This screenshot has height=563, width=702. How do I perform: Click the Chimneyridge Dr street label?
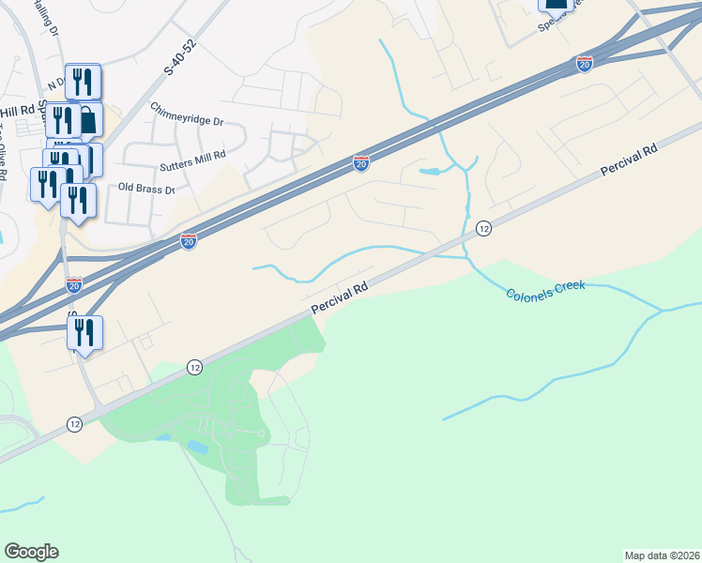pyautogui.click(x=187, y=121)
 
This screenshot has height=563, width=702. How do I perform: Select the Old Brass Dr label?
pyautogui.click(x=146, y=189)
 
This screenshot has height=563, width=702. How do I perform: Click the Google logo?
pyautogui.click(x=31, y=552)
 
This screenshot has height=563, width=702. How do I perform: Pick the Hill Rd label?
pyautogui.click(x=18, y=109)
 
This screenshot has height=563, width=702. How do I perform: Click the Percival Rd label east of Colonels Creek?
pyautogui.click(x=629, y=160)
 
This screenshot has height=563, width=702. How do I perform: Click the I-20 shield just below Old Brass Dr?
pyautogui.click(x=189, y=241)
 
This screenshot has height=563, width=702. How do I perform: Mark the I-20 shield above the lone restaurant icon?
pyautogui.click(x=74, y=284)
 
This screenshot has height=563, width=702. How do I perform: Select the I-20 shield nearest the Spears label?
pyautogui.click(x=584, y=63)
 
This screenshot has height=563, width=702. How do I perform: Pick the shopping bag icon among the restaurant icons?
pyautogui.click(x=86, y=120)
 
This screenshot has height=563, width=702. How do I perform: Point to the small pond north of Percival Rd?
pyautogui.click(x=431, y=172)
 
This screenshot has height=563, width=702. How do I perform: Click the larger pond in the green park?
pyautogui.click(x=197, y=447)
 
